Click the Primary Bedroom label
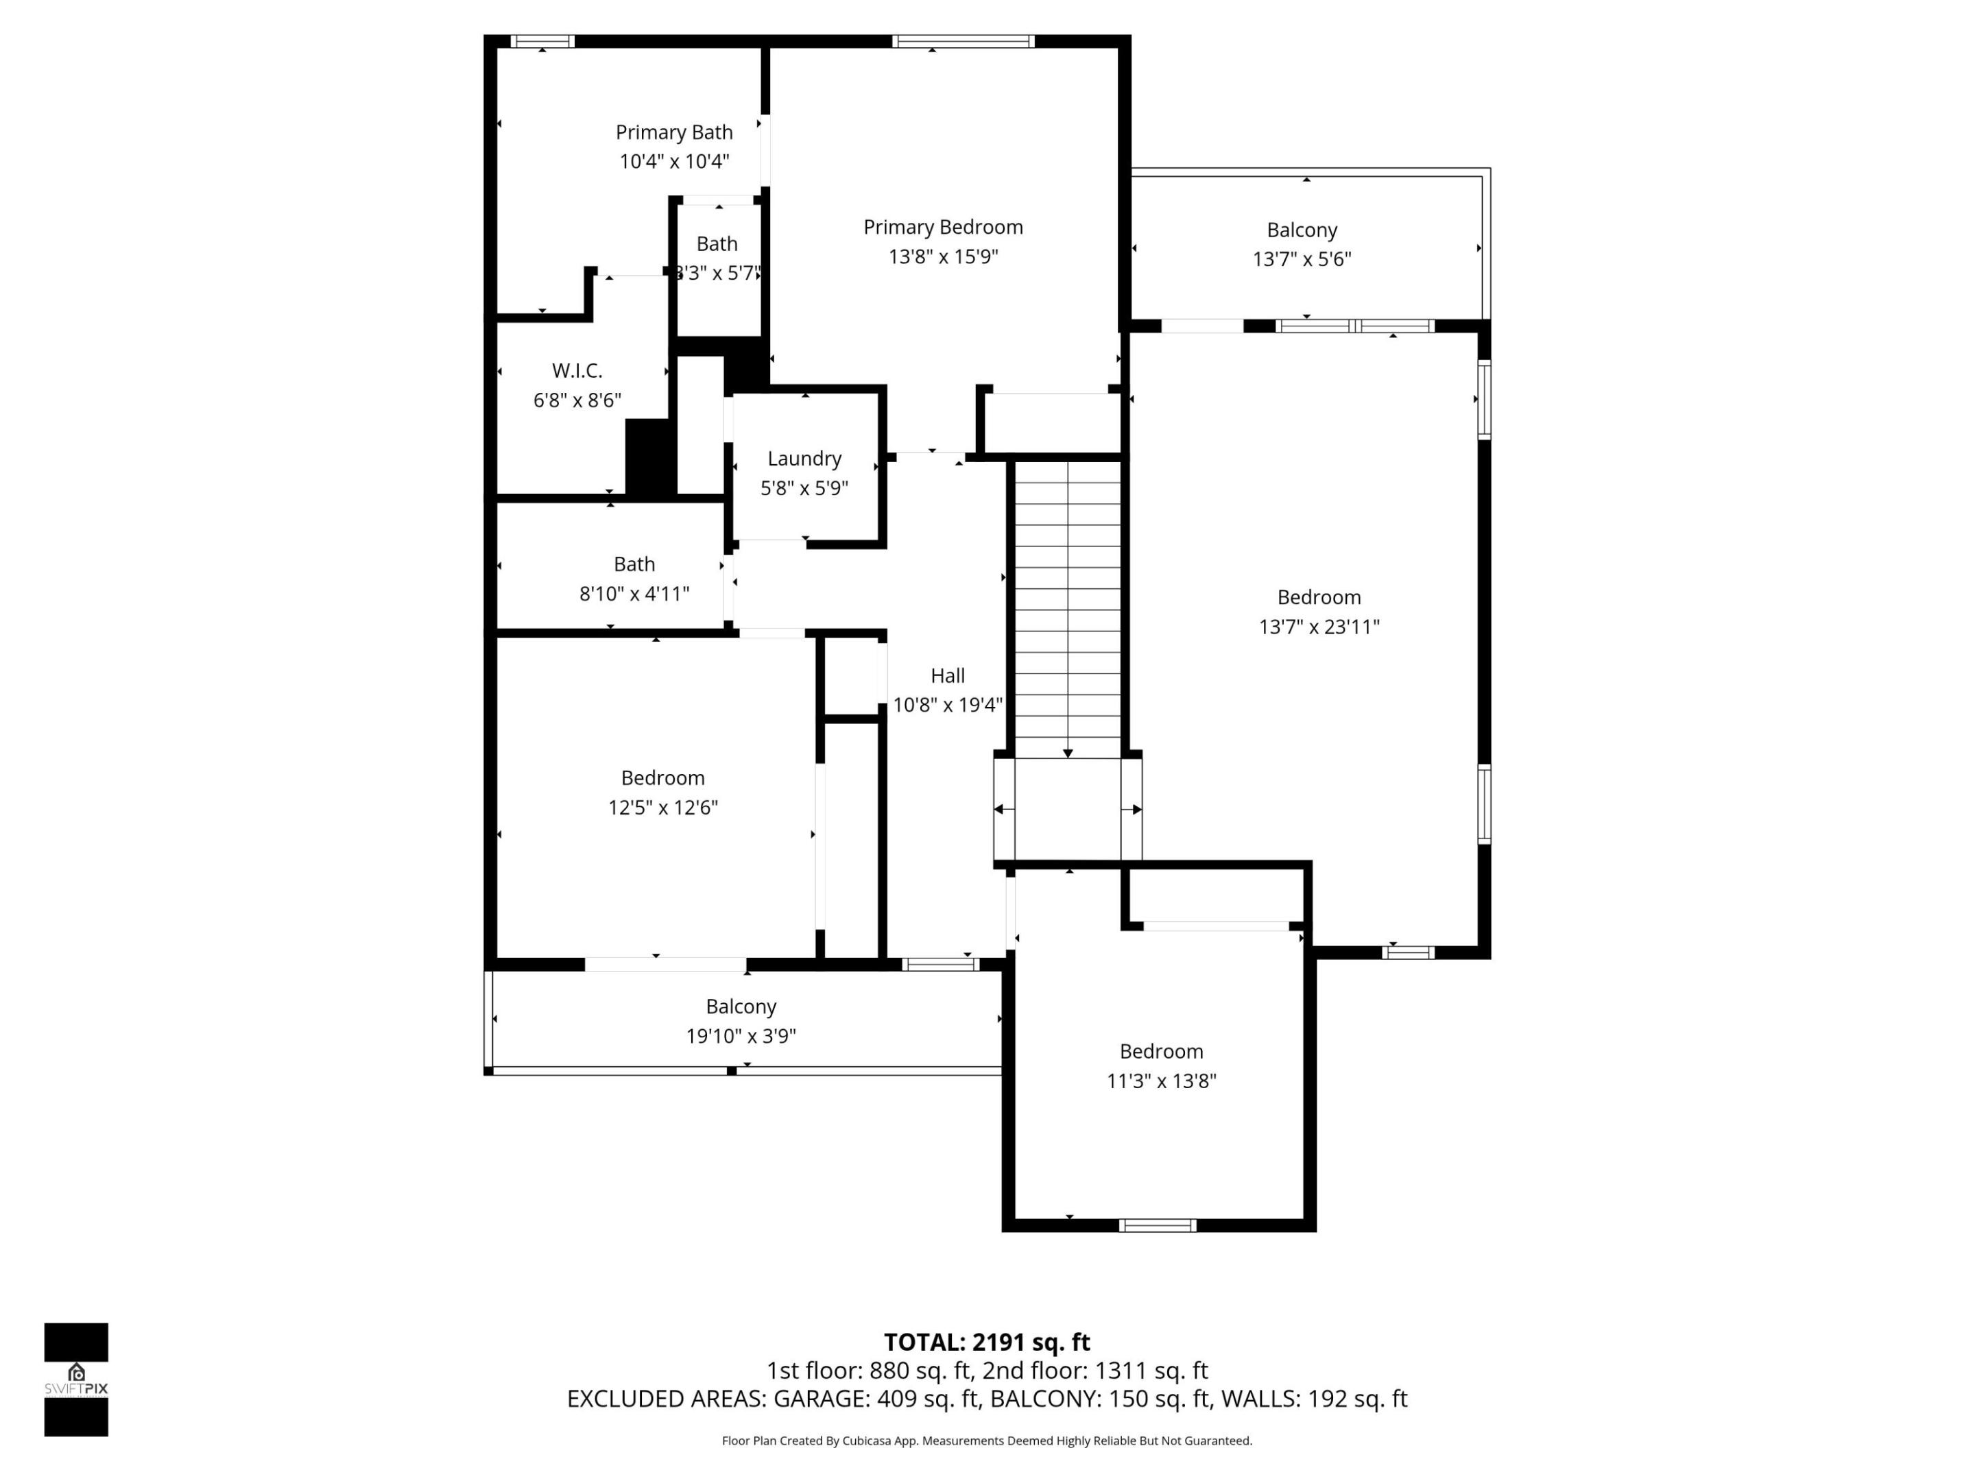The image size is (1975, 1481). pos(943,227)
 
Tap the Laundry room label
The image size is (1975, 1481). pos(804,458)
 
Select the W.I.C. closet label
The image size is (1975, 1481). pos(577,370)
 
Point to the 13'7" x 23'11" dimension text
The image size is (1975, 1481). pos(1319,627)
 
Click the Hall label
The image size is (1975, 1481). pos(947,676)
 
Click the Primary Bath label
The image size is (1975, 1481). pos(674,132)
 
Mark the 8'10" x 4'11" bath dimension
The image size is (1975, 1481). pos(634,594)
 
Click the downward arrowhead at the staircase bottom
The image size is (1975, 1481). pos(1068,754)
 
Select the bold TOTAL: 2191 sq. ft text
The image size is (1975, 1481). pos(987,1342)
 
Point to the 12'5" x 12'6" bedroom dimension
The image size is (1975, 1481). pos(662,807)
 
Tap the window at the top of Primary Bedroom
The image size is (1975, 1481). pos(963,41)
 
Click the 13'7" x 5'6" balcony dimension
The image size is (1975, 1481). pos(1302,259)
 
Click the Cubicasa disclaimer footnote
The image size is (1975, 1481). pos(987,1440)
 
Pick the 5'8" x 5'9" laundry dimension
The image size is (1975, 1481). pos(804,487)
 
